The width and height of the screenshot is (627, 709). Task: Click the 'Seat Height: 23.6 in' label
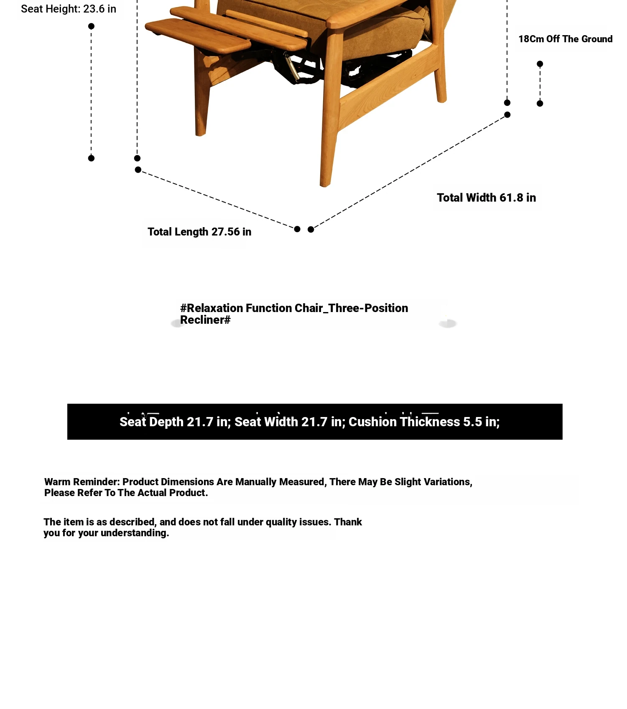[x=69, y=9]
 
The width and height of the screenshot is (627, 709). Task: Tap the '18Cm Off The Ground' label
[x=565, y=39]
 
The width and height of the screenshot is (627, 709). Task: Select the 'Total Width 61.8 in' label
[x=486, y=197]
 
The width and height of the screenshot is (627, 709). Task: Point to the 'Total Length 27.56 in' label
[x=199, y=232]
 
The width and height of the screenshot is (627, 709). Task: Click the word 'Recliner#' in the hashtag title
[x=205, y=320]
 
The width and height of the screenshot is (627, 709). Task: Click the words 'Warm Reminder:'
[x=82, y=482]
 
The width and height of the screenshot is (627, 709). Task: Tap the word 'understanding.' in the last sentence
[x=135, y=533]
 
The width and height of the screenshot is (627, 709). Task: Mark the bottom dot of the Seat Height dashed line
[x=91, y=158]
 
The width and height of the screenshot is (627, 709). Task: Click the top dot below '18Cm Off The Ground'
[x=540, y=64]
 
